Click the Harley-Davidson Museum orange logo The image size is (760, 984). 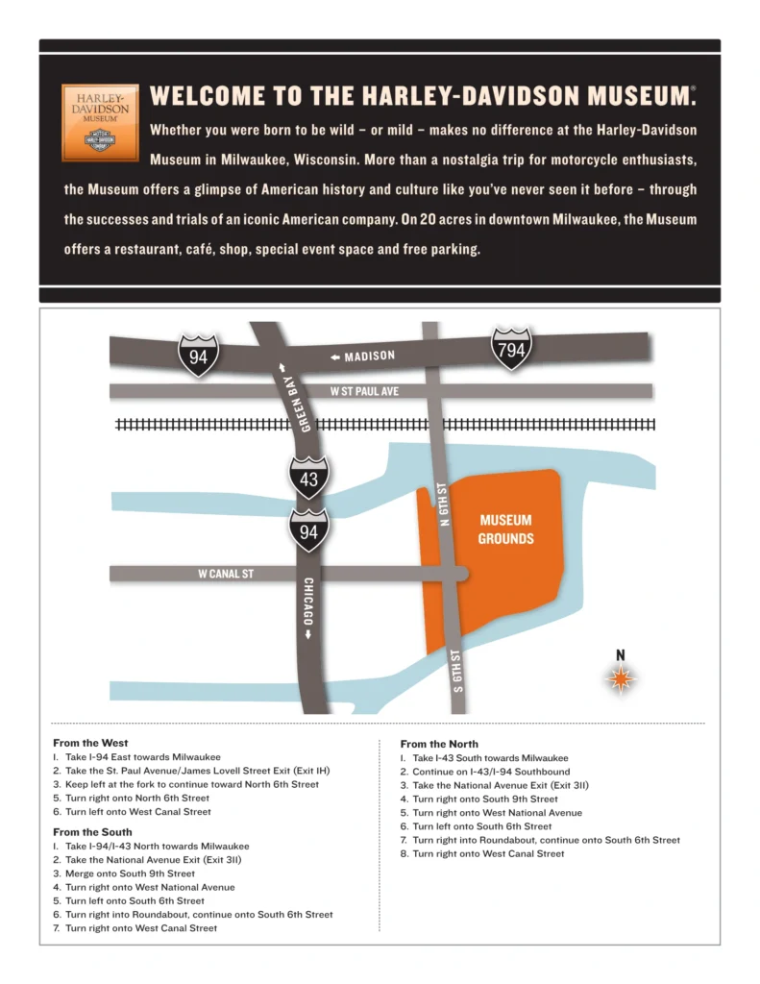click(100, 122)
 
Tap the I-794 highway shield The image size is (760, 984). click(510, 351)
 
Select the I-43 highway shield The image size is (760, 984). click(309, 478)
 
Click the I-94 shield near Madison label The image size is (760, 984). click(198, 357)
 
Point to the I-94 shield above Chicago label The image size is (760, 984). click(309, 529)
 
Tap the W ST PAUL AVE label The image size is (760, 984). click(364, 391)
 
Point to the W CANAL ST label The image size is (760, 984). click(226, 574)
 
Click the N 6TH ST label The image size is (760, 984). click(444, 504)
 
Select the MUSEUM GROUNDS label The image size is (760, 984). click(505, 529)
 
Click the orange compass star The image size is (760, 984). click(621, 679)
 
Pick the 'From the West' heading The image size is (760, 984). click(90, 743)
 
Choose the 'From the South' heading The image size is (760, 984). click(92, 832)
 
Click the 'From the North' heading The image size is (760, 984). click(439, 744)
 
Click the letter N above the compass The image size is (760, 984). click(621, 655)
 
